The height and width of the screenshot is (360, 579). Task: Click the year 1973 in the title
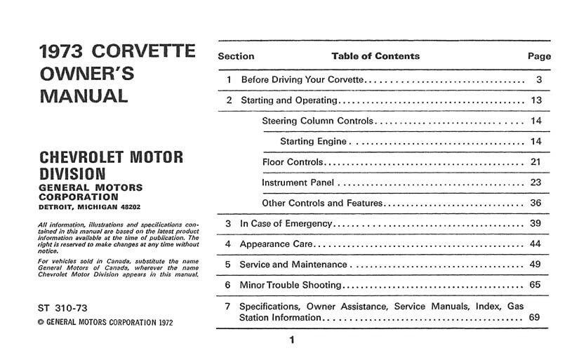[61, 52]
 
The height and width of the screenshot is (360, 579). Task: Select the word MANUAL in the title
[84, 96]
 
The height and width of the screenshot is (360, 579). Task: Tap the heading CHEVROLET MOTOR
[111, 156]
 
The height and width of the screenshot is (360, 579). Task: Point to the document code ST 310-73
[63, 307]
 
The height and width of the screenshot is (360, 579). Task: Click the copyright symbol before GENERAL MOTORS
[40, 323]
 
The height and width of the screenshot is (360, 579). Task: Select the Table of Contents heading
[375, 56]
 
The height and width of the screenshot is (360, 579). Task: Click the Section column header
[236, 56]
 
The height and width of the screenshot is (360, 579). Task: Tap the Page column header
[539, 56]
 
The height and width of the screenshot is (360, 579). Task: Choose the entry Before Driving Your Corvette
[302, 80]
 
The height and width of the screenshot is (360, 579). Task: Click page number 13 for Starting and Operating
[537, 100]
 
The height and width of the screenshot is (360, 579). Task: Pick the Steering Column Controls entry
[318, 121]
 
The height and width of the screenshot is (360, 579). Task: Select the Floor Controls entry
[293, 162]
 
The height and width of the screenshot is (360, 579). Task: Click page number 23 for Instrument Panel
[537, 182]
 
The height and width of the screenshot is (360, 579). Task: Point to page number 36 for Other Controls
[537, 203]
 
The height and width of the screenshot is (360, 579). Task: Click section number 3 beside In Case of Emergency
[228, 224]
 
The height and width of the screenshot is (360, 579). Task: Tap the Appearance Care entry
[274, 244]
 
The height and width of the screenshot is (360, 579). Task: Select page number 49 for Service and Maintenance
[537, 265]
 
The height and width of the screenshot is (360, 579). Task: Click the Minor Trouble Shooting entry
[291, 285]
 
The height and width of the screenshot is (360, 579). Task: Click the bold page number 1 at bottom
[291, 341]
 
